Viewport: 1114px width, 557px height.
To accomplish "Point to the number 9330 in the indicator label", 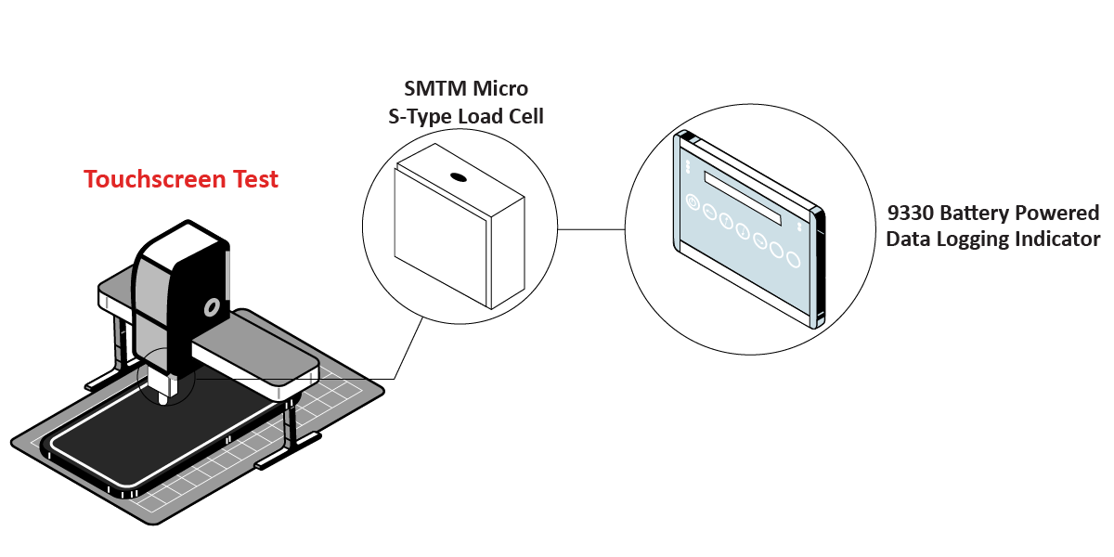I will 910,213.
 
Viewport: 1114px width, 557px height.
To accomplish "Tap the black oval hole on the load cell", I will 457,176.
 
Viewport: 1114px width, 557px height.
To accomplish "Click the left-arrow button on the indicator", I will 708,213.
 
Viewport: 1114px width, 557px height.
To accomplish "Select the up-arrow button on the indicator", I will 726,222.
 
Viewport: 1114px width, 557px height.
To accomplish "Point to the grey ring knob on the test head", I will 213,305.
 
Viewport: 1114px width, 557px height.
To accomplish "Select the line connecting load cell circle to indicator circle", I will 591,228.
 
